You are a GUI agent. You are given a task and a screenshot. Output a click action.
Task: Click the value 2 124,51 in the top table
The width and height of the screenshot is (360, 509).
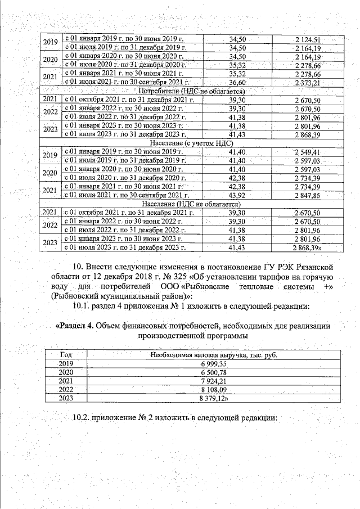click(x=307, y=39)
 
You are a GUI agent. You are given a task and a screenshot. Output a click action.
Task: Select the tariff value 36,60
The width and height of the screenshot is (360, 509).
click(x=238, y=83)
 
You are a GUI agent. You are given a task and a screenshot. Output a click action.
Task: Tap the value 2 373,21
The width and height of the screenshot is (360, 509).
click(x=307, y=83)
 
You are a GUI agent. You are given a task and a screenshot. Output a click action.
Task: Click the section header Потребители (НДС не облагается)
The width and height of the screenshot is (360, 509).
click(x=191, y=91)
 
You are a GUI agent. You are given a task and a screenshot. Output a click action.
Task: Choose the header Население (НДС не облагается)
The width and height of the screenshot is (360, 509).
click(x=191, y=203)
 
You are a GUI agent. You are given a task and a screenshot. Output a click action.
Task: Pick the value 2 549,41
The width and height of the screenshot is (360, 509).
click(x=307, y=152)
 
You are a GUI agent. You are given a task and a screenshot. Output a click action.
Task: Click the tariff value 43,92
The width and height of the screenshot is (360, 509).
click(x=238, y=195)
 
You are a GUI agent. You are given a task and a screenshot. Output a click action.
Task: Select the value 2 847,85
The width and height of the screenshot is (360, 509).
click(x=307, y=195)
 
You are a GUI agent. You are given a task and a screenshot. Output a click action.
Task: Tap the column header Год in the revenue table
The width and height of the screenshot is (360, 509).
click(x=65, y=355)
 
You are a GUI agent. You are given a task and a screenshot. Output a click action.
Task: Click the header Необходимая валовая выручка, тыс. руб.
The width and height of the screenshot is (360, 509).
click(x=214, y=355)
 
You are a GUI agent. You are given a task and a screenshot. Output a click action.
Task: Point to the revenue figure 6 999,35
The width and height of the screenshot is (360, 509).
click(x=214, y=364)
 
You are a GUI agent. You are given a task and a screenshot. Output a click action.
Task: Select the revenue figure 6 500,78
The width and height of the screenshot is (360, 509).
click(x=214, y=372)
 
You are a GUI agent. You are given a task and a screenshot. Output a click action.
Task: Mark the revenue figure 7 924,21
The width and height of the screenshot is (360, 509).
click(x=214, y=381)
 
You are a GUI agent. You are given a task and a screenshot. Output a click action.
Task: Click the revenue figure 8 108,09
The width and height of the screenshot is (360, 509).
click(x=214, y=389)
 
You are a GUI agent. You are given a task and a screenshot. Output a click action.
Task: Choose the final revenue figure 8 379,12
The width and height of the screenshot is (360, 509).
click(x=214, y=398)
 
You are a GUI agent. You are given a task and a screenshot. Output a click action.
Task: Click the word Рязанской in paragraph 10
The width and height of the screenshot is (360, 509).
click(x=312, y=266)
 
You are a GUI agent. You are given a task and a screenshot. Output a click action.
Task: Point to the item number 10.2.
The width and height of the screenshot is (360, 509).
click(x=83, y=418)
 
